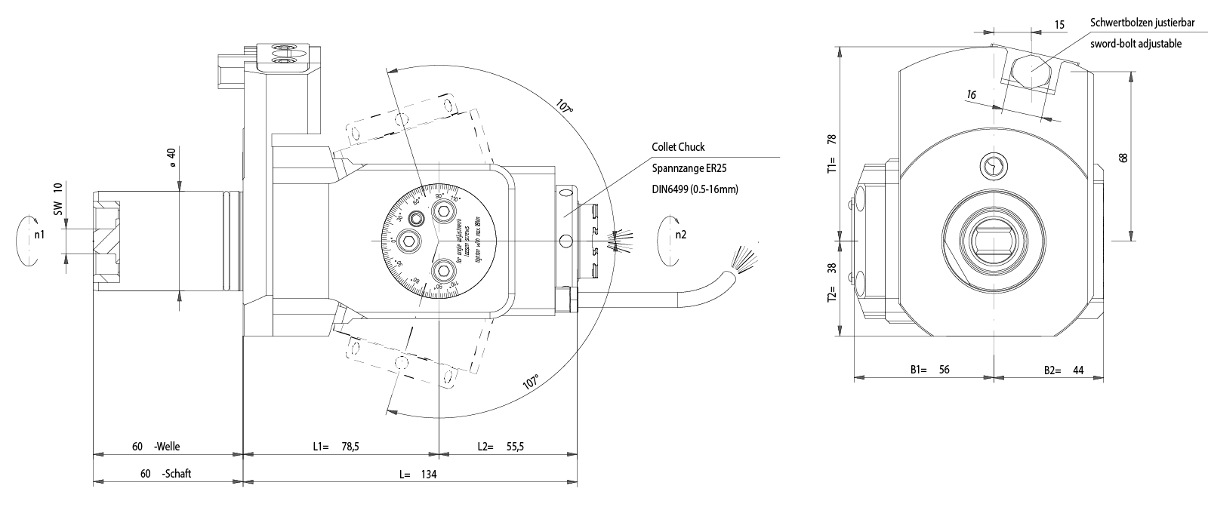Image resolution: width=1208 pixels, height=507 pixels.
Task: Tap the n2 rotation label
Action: tap(681, 235)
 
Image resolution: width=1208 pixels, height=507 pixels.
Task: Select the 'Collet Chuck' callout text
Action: tap(679, 147)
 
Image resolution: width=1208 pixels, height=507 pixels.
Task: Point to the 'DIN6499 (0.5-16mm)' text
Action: tap(695, 189)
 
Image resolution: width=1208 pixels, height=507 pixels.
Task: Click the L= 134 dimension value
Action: tap(418, 475)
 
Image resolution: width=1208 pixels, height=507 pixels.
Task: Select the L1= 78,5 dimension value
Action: tap(336, 447)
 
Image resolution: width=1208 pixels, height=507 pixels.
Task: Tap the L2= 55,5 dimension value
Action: tap(501, 447)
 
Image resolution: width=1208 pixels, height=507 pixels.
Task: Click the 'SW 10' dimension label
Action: tap(58, 198)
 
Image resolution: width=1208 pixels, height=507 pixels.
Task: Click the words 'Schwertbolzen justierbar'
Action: tap(1142, 23)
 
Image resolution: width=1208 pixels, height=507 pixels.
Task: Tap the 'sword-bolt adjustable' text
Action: tap(1136, 44)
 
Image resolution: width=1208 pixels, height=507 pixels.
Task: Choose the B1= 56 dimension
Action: tap(929, 370)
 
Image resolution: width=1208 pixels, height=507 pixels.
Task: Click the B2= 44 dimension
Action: tap(1064, 370)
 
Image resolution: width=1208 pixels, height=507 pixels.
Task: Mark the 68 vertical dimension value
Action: tap(1123, 158)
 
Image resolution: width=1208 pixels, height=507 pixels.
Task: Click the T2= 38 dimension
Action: tap(832, 282)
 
